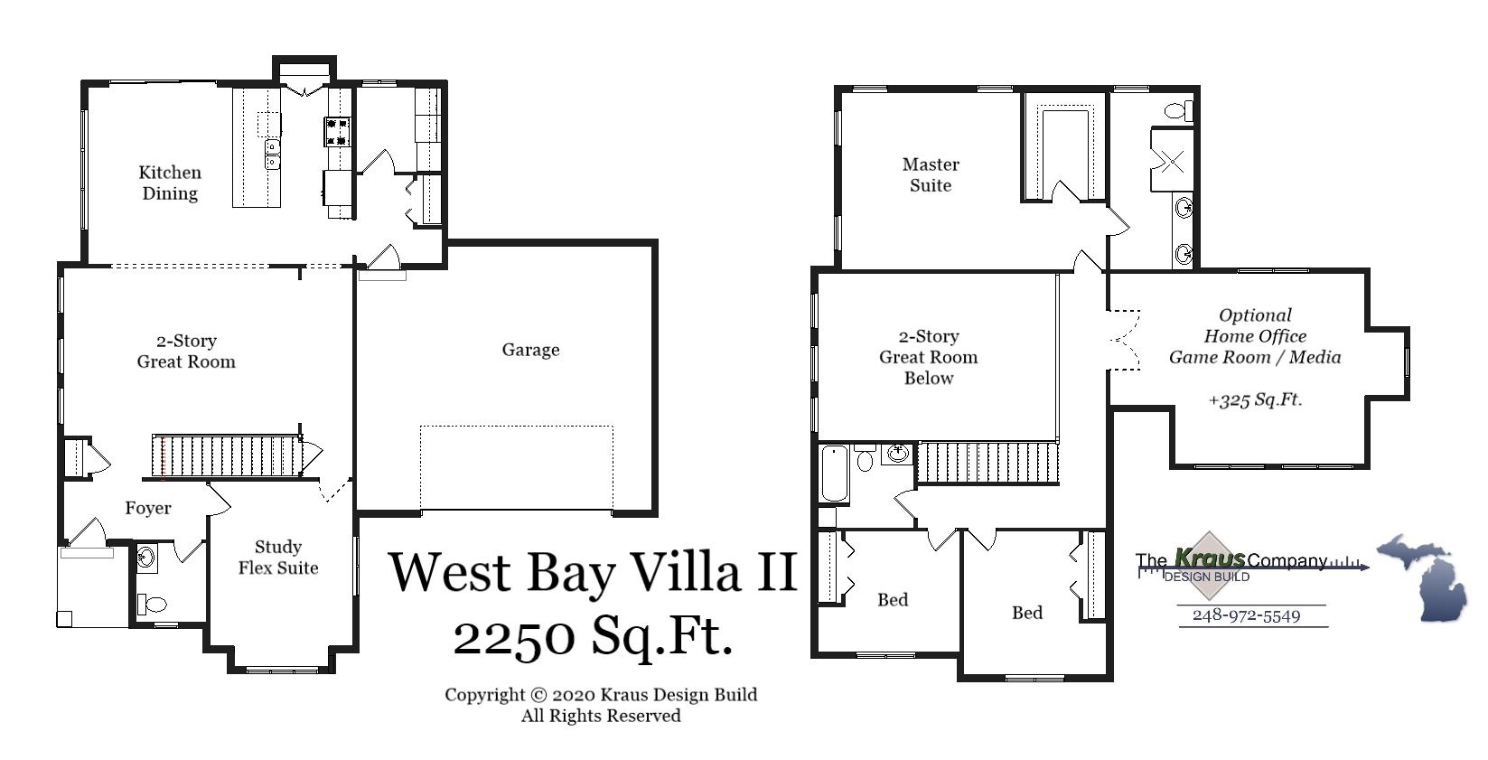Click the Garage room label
pos(530,350)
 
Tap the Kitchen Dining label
pos(170,183)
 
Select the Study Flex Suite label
pos(278,558)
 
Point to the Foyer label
pos(148,508)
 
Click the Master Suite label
pos(931,174)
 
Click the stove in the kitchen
pos(337,132)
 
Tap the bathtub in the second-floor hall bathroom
pos(834,474)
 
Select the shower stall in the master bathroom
pos(1171,161)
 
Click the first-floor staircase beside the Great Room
pos(226,455)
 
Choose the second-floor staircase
pos(987,463)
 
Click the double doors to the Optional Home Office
pos(1124,340)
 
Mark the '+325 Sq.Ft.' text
pos(1255,399)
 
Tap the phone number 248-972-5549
pos(1246,615)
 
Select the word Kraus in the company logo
pos(1210,558)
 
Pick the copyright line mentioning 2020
pos(600,694)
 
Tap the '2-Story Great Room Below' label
pos(929,357)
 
